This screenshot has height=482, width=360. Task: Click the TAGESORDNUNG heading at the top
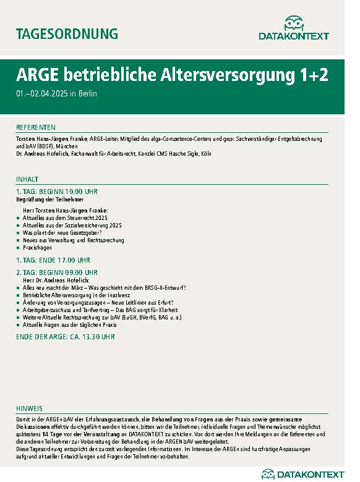pyautogui.click(x=66, y=33)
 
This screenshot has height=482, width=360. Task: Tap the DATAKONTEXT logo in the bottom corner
pyautogui.click(x=302, y=474)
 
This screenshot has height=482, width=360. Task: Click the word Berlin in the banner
pyautogui.click(x=88, y=94)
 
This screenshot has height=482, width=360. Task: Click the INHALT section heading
pyautogui.click(x=27, y=179)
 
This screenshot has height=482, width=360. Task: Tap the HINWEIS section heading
pyautogui.click(x=30, y=408)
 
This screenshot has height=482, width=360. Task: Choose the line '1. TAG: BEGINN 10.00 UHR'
pyautogui.click(x=57, y=192)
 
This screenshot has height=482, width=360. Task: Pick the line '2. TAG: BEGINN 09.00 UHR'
pyautogui.click(x=57, y=272)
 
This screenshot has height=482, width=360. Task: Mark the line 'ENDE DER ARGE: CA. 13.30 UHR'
pyautogui.click(x=65, y=337)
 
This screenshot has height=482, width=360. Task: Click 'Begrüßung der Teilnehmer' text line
pyautogui.click(x=49, y=200)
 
